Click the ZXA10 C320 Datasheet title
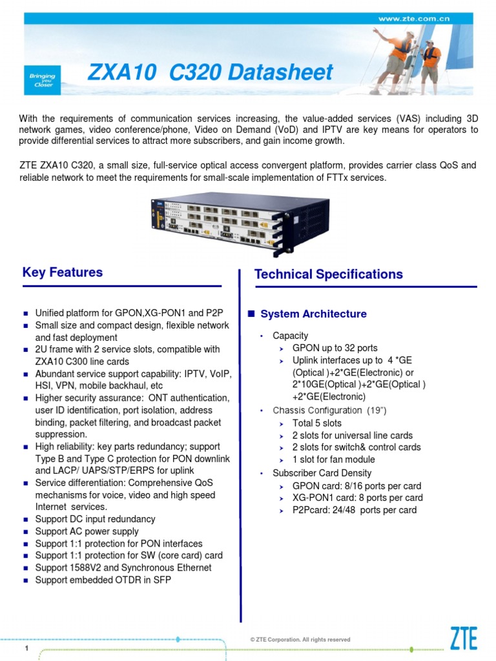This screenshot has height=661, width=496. [211, 72]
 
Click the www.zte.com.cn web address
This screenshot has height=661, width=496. [413, 19]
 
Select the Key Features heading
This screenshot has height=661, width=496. [63, 272]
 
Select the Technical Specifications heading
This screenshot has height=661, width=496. [329, 274]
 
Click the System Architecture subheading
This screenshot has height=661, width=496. [313, 314]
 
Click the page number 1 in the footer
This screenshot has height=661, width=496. [26, 647]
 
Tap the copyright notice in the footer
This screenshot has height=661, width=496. [300, 639]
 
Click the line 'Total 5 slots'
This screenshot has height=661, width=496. [317, 423]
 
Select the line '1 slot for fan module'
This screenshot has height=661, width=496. [333, 460]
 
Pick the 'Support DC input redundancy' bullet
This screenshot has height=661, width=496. [95, 519]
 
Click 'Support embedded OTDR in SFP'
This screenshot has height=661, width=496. [103, 580]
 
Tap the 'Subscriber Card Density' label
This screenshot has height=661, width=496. [322, 473]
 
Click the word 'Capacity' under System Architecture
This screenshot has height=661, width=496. [290, 336]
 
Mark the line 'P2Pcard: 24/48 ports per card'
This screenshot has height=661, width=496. [354, 510]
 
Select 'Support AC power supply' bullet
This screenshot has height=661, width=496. [87, 531]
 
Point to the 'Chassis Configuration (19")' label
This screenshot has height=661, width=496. [329, 411]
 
